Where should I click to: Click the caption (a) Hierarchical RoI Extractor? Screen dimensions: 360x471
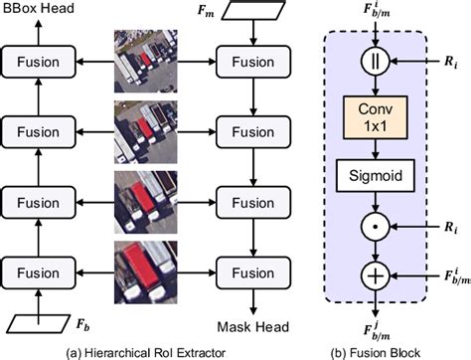(x=149, y=350)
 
